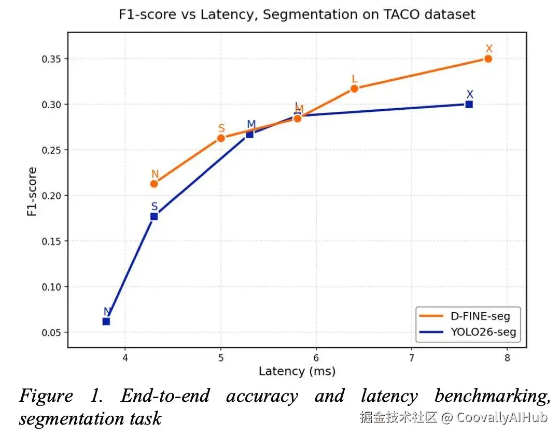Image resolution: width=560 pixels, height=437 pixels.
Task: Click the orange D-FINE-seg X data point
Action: point(488,59)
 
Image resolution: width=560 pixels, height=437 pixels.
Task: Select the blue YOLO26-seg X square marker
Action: point(469,104)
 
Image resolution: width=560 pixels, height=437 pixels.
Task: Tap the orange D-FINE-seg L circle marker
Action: point(354,89)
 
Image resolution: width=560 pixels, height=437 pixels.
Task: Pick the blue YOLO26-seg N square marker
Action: point(106,322)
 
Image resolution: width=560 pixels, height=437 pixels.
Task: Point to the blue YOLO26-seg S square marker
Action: point(154,216)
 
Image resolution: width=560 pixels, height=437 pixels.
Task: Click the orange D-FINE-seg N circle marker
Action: point(154,183)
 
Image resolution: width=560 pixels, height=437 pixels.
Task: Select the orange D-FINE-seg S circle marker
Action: point(221,138)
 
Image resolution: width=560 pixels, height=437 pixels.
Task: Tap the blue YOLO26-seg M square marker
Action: point(249,134)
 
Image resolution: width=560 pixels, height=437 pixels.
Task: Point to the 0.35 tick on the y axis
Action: point(52,59)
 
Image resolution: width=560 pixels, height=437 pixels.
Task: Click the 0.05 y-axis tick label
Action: point(52,332)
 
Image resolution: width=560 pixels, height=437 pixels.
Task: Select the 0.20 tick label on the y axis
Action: point(52,196)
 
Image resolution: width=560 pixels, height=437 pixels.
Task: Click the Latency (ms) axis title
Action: point(297,371)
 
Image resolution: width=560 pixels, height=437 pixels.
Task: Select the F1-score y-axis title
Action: point(32,191)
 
